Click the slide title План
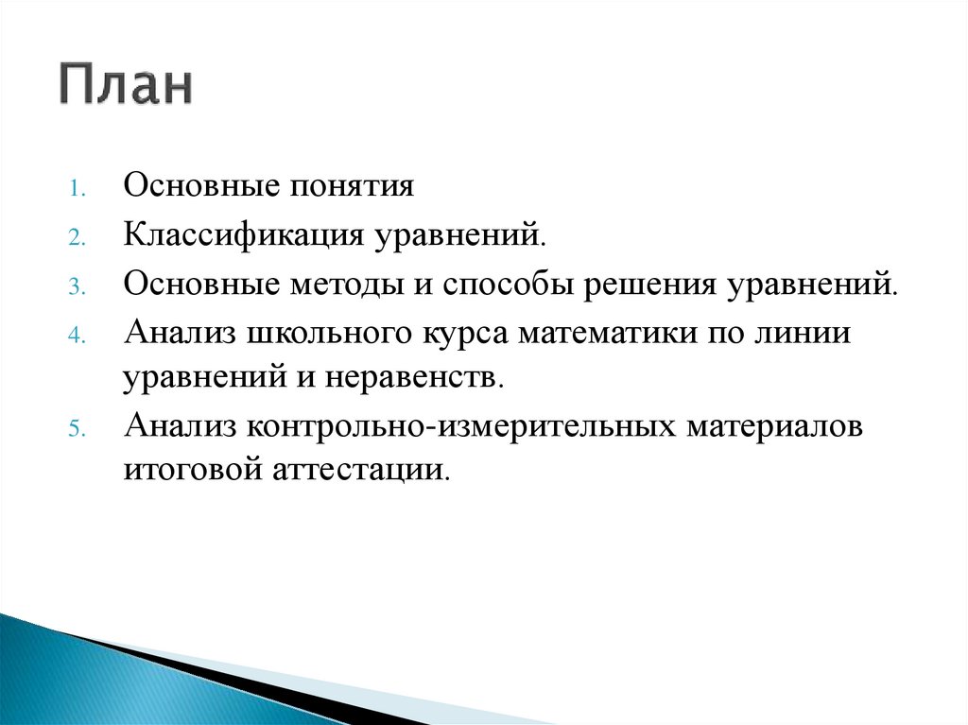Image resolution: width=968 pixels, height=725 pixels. tap(128, 86)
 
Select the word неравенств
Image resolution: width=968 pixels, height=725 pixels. tap(430, 378)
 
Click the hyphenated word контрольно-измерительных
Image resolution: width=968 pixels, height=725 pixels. tap(455, 424)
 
